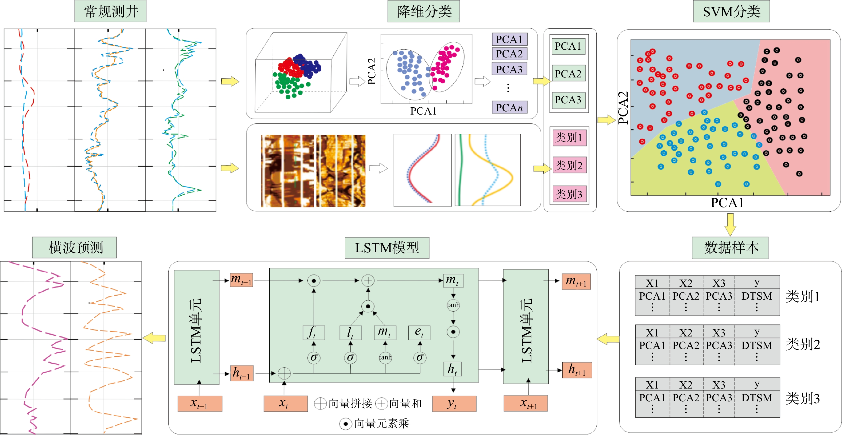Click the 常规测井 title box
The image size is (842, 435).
[x=110, y=11]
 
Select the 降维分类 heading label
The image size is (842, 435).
[x=424, y=11]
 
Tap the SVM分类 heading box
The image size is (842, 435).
[x=732, y=11]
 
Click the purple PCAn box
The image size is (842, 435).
[x=509, y=107]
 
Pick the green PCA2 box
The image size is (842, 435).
[x=568, y=73]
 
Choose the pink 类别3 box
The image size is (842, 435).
[x=569, y=194]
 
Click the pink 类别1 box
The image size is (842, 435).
[x=569, y=138]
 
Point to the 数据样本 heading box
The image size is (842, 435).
[x=730, y=248]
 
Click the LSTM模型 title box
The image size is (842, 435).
[x=387, y=248]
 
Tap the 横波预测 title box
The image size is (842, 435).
[x=75, y=248]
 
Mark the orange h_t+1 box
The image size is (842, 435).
[x=577, y=370]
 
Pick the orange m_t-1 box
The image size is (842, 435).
[x=241, y=280]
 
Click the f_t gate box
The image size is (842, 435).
[x=314, y=332]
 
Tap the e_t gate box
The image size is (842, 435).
[x=419, y=332]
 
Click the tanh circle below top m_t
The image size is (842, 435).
[x=453, y=305]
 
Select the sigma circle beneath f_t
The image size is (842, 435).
[x=314, y=357]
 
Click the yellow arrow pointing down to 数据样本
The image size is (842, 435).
[x=730, y=225]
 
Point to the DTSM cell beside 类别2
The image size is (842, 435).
[x=757, y=345]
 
